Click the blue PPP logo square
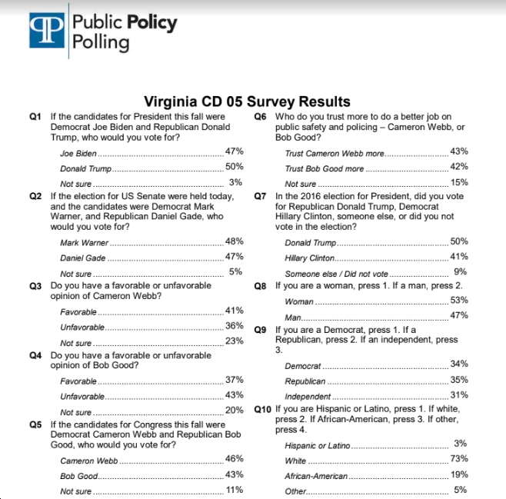click(47, 30)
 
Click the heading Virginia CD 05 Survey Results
click(247, 101)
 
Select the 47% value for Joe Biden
click(235, 151)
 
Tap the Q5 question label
click(35, 424)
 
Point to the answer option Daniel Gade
click(82, 258)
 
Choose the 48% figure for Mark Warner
click(235, 241)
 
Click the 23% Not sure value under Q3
click(235, 341)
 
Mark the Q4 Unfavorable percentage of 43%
click(235, 394)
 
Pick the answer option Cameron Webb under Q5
click(88, 461)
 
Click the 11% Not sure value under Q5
click(235, 490)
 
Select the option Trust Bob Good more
click(324, 168)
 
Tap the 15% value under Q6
click(459, 182)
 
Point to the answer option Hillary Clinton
click(309, 258)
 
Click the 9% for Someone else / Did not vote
click(461, 271)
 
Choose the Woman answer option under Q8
click(299, 301)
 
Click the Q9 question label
click(260, 330)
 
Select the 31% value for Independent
click(459, 394)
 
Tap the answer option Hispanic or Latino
click(318, 445)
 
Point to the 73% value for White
click(459, 458)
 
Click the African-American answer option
click(316, 476)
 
